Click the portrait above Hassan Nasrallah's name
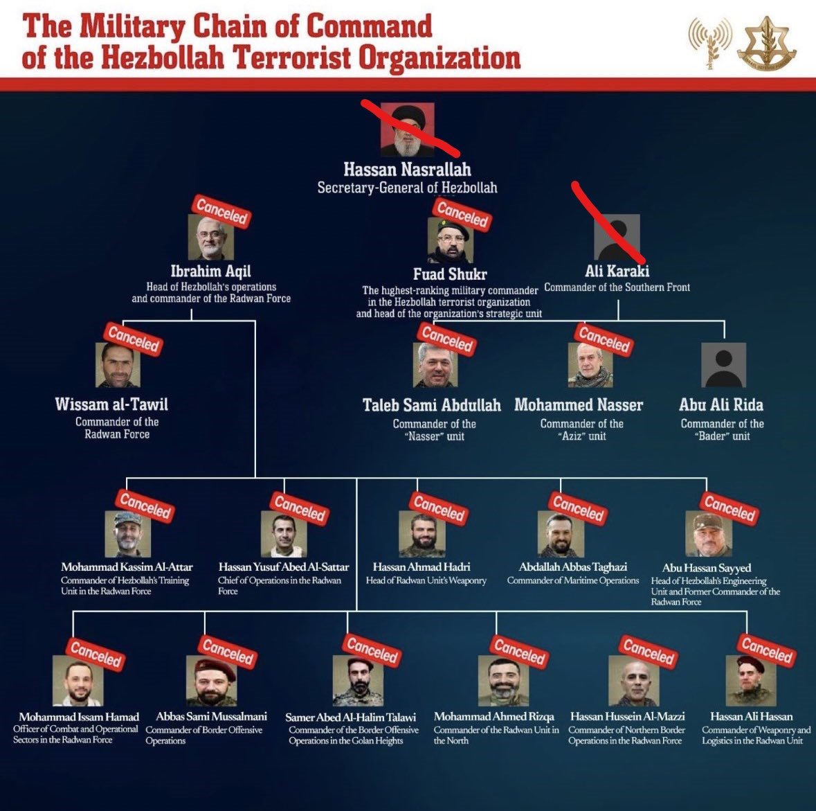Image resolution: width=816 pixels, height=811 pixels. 407,130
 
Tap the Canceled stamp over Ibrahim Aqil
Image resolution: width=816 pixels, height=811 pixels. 221,211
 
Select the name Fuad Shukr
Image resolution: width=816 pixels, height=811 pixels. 450,274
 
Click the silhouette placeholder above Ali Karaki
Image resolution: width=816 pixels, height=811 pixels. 617,238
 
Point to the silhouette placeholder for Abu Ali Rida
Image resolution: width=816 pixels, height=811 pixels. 723,364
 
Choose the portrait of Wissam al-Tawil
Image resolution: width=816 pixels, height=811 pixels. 118,365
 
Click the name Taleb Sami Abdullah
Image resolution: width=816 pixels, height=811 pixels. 431,404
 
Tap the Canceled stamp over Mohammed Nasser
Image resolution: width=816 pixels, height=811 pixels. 604,339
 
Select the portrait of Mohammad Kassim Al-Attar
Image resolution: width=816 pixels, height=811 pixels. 127,534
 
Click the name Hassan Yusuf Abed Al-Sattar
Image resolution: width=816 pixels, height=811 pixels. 284,567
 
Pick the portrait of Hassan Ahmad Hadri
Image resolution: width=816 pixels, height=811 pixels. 422,534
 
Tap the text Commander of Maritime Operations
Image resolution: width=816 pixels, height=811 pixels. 572,580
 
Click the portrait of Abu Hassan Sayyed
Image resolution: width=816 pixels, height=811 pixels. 708,534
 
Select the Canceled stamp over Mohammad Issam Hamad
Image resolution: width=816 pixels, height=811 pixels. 96,654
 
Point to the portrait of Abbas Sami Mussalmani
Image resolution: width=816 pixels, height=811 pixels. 210,681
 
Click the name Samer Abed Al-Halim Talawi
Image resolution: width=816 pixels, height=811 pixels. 351,717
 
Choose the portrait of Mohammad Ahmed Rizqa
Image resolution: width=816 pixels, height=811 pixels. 503,681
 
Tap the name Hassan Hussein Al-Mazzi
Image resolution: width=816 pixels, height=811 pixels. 628,716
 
